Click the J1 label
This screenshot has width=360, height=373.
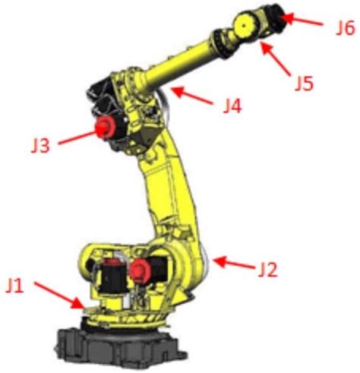tap(15, 286)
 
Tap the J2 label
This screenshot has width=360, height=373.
tap(268, 269)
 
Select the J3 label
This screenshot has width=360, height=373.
tap(40, 145)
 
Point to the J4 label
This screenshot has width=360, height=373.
tap(232, 106)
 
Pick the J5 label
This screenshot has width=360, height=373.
tap(304, 83)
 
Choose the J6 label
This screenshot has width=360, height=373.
tap(345, 28)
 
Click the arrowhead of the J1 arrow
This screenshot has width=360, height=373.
tap(77, 303)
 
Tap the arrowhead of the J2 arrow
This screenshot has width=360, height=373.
tap(219, 261)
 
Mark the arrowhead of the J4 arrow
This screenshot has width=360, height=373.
tap(178, 92)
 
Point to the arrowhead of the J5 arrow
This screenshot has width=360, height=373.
tap(266, 49)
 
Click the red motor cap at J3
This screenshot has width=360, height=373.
tap(105, 127)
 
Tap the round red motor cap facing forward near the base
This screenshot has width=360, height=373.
tap(140, 270)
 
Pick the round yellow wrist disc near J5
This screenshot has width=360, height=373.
tap(245, 25)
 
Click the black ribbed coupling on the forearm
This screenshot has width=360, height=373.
tap(219, 43)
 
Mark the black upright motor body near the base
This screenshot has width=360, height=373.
tap(112, 278)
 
